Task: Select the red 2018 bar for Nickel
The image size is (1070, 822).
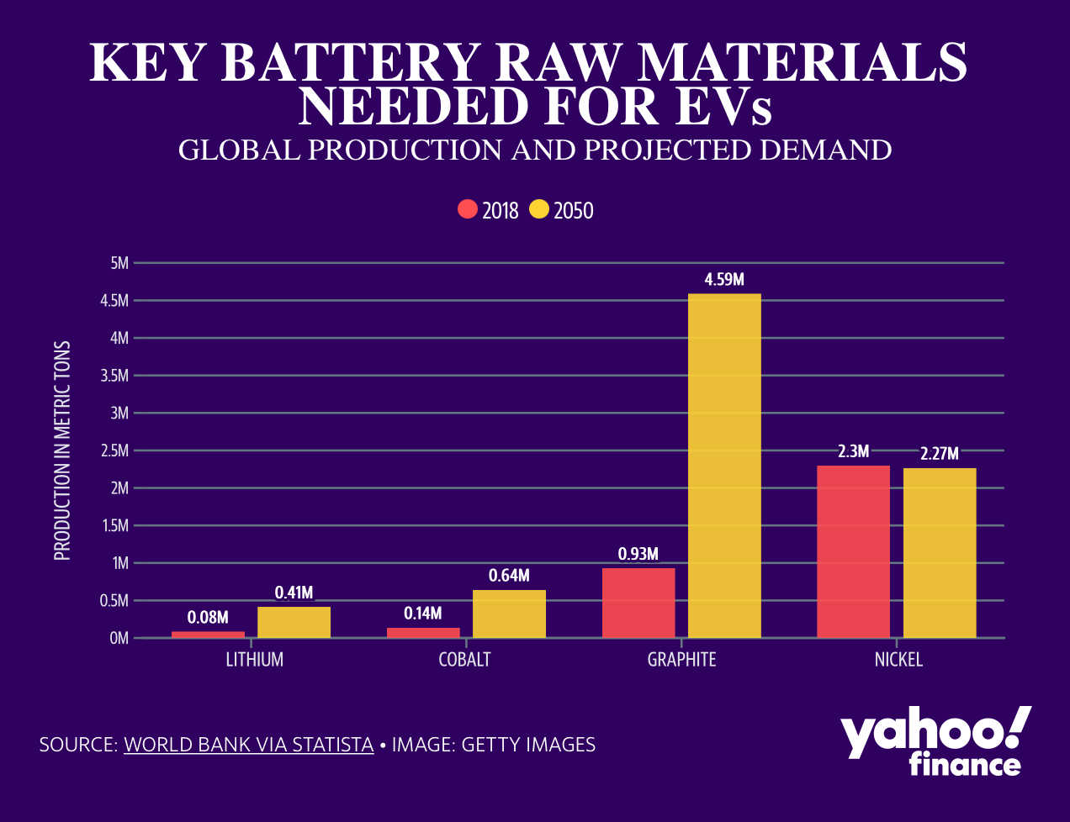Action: [853, 551]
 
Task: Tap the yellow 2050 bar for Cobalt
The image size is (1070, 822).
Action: [509, 614]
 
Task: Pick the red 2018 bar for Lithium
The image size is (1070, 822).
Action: [208, 635]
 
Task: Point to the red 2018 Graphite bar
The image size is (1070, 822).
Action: [638, 603]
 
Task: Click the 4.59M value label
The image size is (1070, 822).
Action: [724, 280]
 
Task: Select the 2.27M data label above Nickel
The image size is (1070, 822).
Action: [939, 454]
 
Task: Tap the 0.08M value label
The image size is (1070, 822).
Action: [208, 618]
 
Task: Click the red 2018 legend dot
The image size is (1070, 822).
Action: [468, 209]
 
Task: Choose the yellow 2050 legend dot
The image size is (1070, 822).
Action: [539, 209]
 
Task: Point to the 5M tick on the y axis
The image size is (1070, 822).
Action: [119, 263]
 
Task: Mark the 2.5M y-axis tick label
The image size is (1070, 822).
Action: [114, 451]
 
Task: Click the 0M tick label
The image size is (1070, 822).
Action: [119, 638]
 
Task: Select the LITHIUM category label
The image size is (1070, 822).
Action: [254, 660]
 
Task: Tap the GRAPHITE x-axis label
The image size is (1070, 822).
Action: [681, 660]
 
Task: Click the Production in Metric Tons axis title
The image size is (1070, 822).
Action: [62, 451]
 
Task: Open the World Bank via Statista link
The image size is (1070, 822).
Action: [248, 745]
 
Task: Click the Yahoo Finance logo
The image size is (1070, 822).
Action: [935, 740]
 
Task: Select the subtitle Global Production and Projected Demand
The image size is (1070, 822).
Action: [535, 150]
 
